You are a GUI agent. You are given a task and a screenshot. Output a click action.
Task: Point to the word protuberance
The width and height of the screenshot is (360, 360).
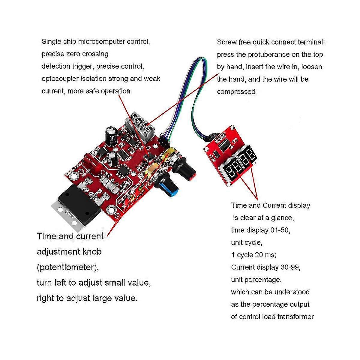[x=275, y=55]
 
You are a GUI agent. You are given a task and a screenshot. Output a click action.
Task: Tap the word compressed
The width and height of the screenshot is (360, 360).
[x=236, y=91]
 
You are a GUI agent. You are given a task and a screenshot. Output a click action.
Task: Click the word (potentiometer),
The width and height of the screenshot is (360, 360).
[x=67, y=267]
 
